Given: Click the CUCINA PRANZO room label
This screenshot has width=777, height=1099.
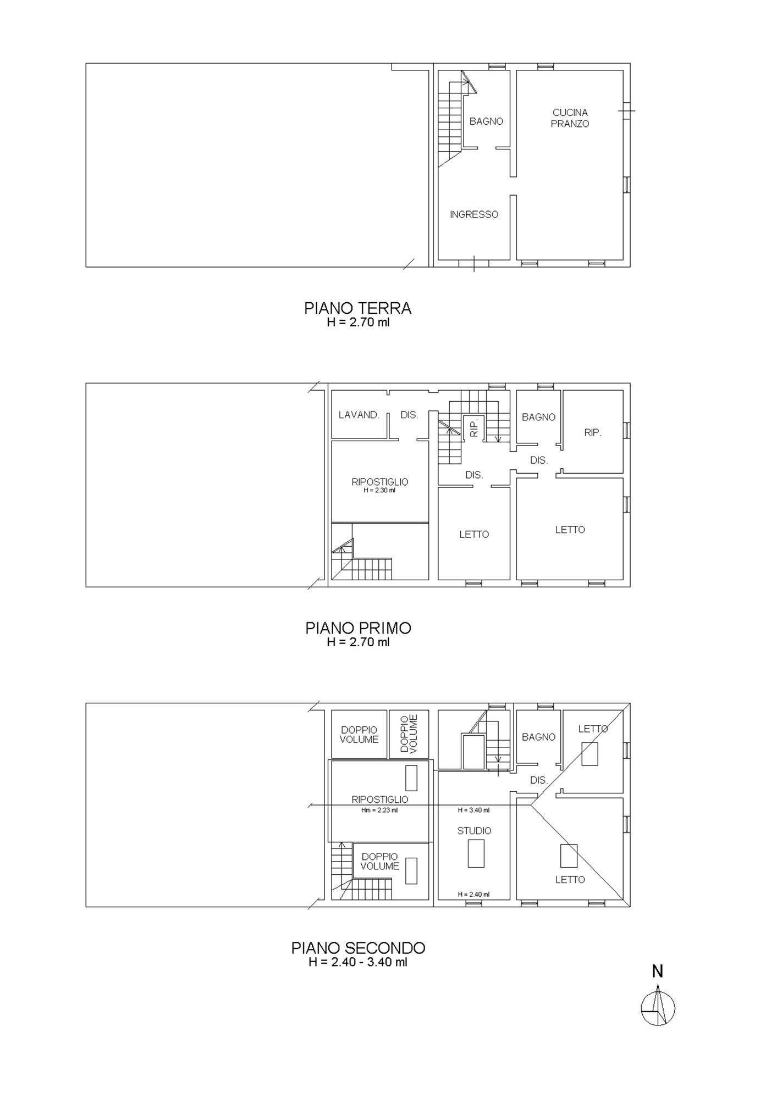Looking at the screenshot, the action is click(570, 118).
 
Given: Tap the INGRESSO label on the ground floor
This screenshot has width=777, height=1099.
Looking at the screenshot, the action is click(474, 215).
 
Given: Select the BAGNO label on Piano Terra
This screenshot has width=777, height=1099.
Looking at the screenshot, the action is click(486, 121).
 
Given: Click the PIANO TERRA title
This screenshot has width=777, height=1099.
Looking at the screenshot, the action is click(358, 308).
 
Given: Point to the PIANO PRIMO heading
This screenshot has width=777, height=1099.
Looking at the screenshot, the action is click(358, 628).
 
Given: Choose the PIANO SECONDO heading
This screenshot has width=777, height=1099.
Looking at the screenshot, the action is click(358, 948).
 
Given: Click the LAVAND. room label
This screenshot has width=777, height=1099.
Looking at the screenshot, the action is click(359, 415).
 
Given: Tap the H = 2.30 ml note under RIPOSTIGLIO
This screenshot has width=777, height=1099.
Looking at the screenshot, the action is click(379, 491).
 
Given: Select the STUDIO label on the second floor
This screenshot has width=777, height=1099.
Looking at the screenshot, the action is click(474, 831).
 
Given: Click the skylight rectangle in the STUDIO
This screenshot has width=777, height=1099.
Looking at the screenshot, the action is click(476, 853).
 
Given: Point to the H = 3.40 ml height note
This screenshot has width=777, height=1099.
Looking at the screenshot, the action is click(473, 810).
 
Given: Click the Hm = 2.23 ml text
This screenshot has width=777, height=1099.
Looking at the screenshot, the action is click(379, 810).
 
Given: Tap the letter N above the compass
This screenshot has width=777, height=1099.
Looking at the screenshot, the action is click(657, 972).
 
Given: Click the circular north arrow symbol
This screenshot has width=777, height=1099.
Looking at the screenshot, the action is click(658, 1008).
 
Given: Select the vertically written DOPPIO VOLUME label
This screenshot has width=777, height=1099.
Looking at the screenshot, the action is click(409, 734).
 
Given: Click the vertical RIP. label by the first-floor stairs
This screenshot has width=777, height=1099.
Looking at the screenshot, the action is click(474, 427).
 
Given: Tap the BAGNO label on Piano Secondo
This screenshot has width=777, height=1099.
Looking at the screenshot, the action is click(538, 737).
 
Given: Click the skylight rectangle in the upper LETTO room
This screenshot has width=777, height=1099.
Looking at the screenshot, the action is click(590, 754).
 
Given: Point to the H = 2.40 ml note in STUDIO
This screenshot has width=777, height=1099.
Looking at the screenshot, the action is click(473, 895).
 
